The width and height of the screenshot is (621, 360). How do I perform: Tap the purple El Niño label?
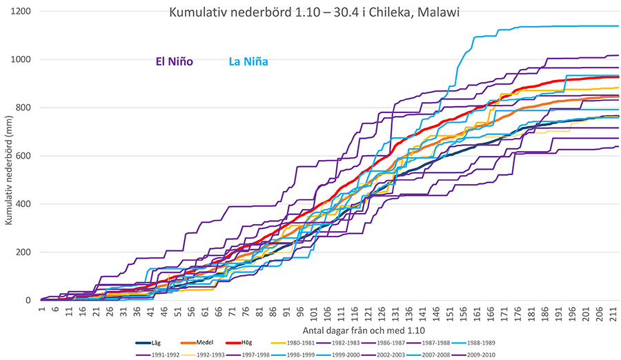[172, 61]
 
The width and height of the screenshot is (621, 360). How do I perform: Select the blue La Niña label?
[248, 61]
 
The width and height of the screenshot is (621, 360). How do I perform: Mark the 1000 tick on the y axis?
[22, 59]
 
